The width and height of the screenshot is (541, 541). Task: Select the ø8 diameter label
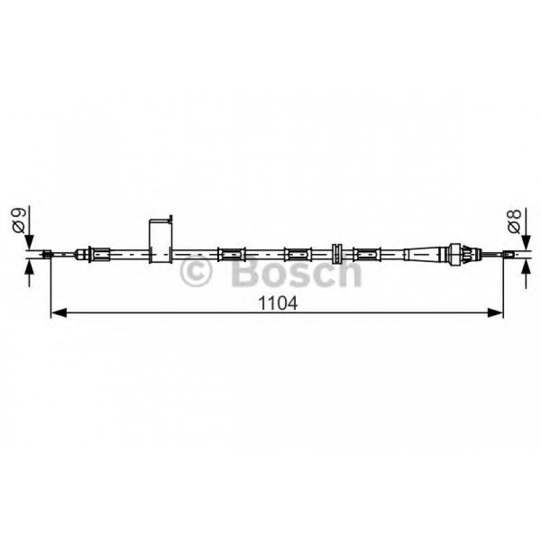pyautogui.click(x=514, y=221)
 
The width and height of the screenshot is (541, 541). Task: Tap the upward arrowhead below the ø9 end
pyautogui.click(x=28, y=265)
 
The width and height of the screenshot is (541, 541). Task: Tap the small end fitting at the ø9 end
pyautogui.click(x=47, y=254)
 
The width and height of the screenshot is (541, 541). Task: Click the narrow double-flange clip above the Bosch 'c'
pyautogui.click(x=338, y=253)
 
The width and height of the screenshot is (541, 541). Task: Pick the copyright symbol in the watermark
pyautogui.click(x=198, y=273)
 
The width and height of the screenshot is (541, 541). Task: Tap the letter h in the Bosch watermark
pyautogui.click(x=349, y=272)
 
